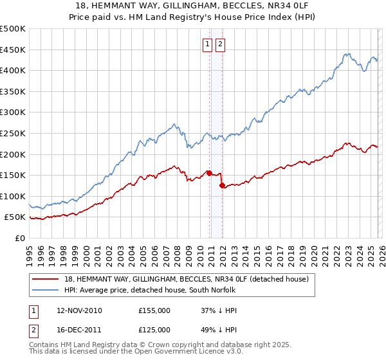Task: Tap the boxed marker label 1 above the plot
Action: coord(208,44)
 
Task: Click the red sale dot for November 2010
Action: coord(209,172)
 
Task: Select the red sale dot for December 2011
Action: coord(222,185)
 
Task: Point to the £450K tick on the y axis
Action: coord(13,50)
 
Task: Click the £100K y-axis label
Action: coord(13,196)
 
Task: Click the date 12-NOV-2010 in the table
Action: coord(79,310)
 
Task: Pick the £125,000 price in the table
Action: coord(154,329)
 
